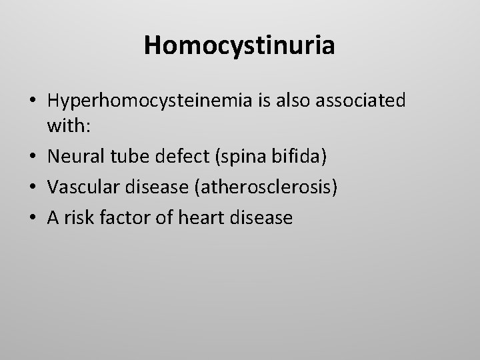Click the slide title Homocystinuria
(x=240, y=45)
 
